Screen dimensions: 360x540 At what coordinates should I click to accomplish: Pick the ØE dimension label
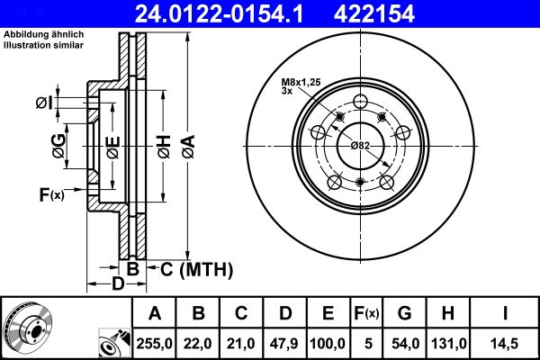112,147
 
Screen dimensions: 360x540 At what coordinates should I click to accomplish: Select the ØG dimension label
58,147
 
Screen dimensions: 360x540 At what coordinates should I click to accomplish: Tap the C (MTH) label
196,268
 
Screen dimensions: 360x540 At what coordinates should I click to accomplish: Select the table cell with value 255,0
155,343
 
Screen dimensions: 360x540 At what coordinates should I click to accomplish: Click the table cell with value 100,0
328,343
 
